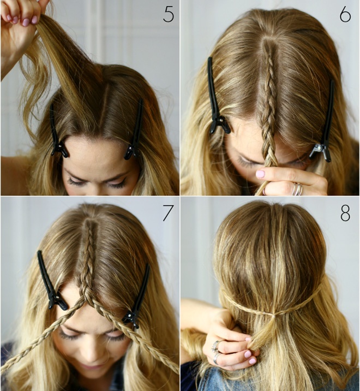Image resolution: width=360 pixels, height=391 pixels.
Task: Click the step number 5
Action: [x=169, y=14]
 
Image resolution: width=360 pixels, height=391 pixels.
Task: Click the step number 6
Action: [x=345, y=14]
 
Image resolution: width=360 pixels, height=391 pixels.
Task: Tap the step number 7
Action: [x=168, y=213]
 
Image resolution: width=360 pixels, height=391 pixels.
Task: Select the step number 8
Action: [x=345, y=213]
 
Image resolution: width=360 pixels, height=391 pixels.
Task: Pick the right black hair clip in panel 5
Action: [x=135, y=132]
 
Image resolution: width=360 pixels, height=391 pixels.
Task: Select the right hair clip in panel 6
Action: [x=324, y=125]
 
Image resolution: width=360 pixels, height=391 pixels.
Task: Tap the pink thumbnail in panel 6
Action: [x=261, y=174]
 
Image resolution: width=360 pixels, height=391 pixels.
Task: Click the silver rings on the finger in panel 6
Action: [x=297, y=189]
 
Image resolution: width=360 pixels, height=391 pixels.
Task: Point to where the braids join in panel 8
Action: [x=274, y=316]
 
